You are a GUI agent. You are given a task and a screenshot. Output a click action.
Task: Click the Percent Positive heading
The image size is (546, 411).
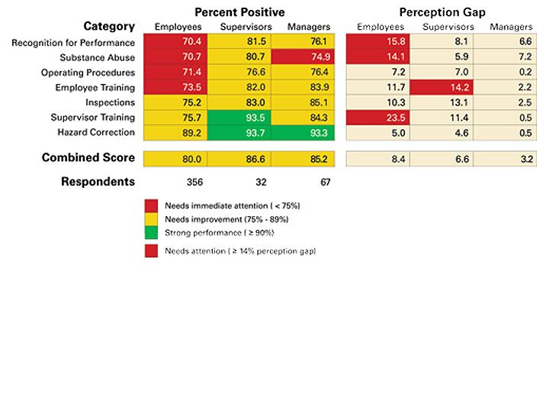pos(239,12)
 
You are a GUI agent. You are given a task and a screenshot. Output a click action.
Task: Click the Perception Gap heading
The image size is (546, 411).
pos(442,12)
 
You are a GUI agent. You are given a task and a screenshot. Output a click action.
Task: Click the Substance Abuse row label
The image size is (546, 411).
pos(98,58)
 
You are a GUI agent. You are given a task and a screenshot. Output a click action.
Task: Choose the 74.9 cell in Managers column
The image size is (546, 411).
pos(308,58)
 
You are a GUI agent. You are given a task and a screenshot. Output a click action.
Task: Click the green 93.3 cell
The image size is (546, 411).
pos(308,132)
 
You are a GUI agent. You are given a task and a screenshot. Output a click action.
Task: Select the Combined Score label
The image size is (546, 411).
pos(88,158)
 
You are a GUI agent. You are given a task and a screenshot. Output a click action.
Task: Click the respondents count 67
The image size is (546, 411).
pos(308,183)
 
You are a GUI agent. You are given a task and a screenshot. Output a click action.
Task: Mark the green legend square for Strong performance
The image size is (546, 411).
pos(151,232)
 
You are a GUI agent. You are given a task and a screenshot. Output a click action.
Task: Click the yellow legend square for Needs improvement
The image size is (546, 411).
pos(151,218)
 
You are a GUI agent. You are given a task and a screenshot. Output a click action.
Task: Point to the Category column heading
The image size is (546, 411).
pos(109,27)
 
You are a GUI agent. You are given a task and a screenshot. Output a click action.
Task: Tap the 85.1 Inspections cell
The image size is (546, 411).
pos(308,102)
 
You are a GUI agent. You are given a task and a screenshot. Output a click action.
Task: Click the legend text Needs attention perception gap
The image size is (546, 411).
pos(240,251)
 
